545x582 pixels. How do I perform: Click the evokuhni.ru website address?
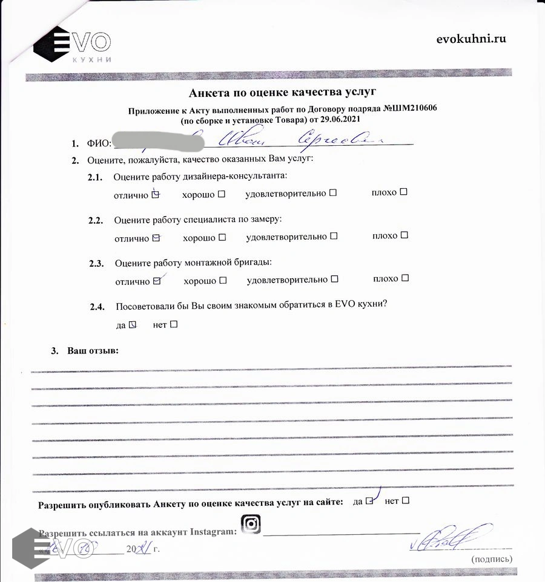[471, 39]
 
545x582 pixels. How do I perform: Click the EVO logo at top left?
[72, 44]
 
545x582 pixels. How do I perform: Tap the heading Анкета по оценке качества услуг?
[282, 92]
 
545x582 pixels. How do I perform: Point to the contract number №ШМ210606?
[410, 108]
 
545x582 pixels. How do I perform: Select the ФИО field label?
[99, 143]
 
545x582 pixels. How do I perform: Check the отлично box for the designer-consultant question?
[156, 195]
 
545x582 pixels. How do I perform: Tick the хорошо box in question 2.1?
[222, 194]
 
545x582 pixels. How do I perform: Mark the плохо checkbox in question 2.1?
[404, 192]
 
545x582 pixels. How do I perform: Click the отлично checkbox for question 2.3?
[157, 281]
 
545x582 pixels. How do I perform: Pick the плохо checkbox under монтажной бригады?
[405, 278]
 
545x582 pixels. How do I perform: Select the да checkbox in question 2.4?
[134, 324]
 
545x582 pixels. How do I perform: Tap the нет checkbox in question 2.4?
[174, 324]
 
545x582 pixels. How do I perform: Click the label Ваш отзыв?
[93, 351]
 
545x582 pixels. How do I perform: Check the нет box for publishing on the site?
[406, 500]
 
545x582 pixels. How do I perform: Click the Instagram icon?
[251, 524]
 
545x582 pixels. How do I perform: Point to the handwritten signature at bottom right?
[451, 537]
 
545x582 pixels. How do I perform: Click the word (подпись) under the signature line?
[491, 560]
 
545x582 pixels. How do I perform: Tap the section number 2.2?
[96, 221]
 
